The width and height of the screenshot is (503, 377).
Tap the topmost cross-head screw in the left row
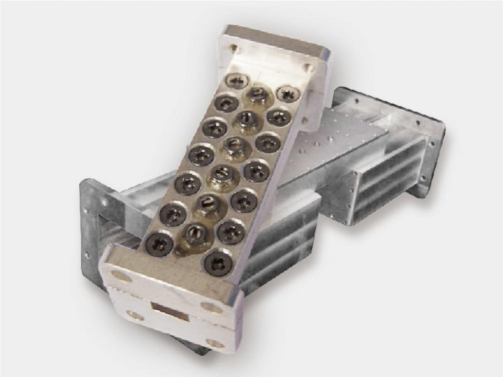(238, 80)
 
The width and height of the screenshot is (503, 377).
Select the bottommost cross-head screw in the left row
(159, 243)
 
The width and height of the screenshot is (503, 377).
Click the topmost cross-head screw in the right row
(287, 94)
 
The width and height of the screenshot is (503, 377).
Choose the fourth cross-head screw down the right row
(255, 169)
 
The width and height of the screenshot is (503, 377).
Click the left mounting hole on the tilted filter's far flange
(234, 47)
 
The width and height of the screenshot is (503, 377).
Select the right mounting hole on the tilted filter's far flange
(307, 68)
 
